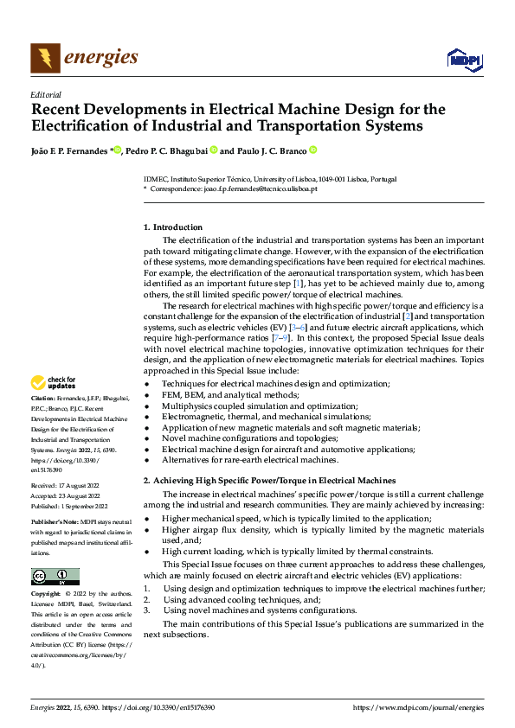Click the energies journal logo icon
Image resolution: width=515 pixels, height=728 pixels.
pos(45,58)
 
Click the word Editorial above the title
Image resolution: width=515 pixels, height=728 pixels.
pos(45,94)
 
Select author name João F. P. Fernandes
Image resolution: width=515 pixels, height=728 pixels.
pos(69,150)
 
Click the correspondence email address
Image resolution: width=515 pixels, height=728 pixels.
pos(259,188)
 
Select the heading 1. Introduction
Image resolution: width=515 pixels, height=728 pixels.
pos(173,227)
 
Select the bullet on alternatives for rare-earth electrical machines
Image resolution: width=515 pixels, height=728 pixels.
pos(250,460)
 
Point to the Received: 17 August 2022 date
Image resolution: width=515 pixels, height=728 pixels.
pos(66,487)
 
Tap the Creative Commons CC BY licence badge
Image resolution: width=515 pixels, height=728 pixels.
pos(55,577)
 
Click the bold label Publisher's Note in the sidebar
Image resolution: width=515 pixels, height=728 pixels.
pos(56,523)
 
